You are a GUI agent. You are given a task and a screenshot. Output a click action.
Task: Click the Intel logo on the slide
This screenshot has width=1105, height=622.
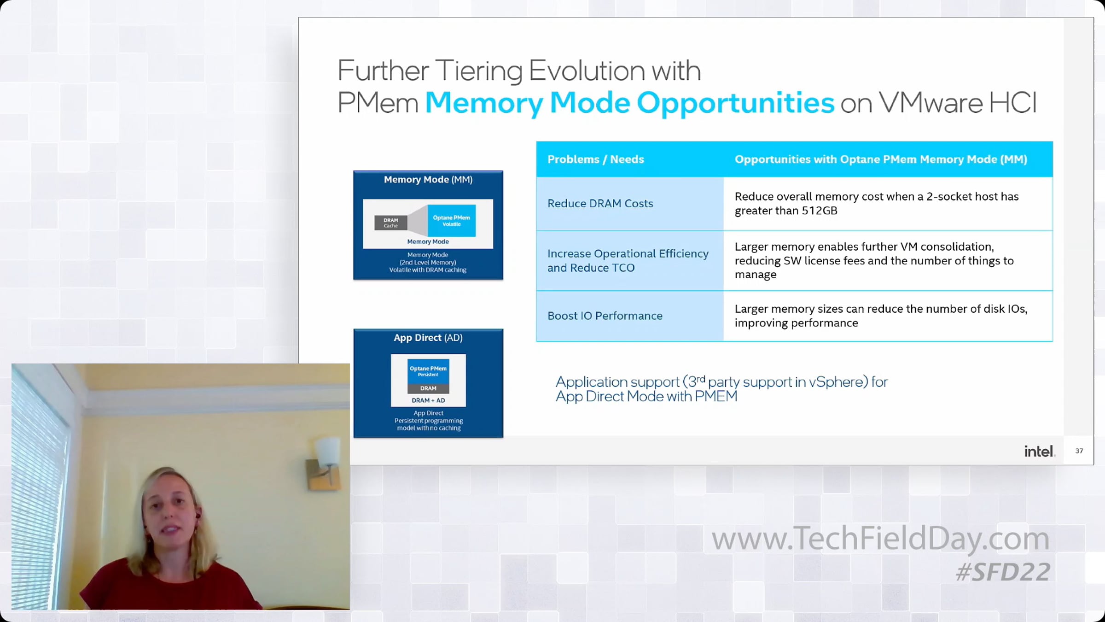(x=1039, y=451)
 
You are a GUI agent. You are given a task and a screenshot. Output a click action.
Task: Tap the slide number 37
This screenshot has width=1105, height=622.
(x=1079, y=451)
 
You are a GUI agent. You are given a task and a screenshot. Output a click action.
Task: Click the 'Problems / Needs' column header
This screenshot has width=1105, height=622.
(x=595, y=159)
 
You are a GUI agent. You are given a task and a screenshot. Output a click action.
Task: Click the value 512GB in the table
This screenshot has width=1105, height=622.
(x=820, y=211)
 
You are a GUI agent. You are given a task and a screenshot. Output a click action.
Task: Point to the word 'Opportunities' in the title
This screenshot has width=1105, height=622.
(x=735, y=103)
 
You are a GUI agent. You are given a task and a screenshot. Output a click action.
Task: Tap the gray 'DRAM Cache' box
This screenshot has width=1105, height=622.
(x=390, y=223)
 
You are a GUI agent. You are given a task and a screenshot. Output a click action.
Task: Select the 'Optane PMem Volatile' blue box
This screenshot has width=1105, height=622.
(x=451, y=221)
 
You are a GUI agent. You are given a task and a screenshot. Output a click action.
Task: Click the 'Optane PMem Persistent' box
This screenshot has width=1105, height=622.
(x=428, y=371)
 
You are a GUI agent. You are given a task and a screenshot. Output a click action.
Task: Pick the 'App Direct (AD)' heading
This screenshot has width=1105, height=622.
(x=428, y=338)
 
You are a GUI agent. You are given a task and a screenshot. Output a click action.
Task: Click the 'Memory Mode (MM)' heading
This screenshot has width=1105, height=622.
(x=428, y=180)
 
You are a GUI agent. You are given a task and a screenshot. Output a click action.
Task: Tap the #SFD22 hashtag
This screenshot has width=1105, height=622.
(x=1003, y=572)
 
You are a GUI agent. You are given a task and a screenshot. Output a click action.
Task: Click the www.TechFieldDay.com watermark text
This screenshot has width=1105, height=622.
(x=880, y=539)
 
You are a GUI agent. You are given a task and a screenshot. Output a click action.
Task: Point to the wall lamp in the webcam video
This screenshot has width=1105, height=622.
(x=326, y=461)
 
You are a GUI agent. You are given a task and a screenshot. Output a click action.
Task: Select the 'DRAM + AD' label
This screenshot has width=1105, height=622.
(x=428, y=400)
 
